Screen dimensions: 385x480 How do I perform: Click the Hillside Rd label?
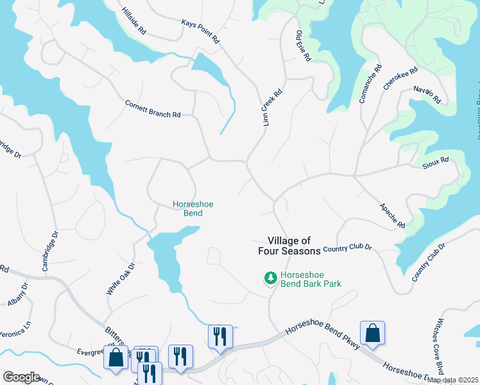[134, 21]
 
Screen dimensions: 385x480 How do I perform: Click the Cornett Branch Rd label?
[153, 108]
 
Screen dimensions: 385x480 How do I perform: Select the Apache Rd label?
[391, 216]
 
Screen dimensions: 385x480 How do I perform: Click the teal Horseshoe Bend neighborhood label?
[193, 209]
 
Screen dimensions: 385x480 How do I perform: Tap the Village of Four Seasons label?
[289, 246]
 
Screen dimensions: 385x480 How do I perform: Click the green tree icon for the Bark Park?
[270, 278]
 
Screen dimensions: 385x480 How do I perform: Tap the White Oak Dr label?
[121, 278]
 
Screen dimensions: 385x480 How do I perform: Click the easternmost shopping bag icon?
[372, 333]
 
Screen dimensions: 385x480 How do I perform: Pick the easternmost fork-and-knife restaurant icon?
[219, 336]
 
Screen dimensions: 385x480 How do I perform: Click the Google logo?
[21, 377]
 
